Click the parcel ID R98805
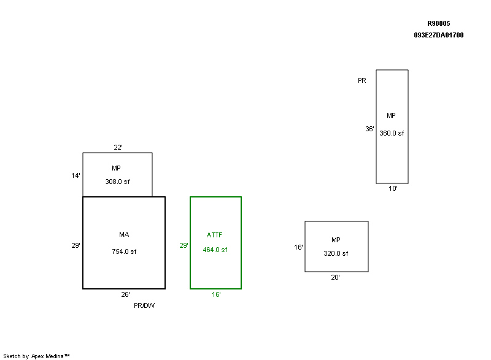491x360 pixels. (438, 23)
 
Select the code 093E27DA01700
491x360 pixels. (438, 35)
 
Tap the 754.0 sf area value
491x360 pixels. (124, 251)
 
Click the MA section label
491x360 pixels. (124, 234)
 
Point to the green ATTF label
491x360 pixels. (215, 235)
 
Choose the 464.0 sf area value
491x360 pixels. (215, 250)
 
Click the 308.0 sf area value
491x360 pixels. (117, 182)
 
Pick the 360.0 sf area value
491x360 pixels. (392, 133)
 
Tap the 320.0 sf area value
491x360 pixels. (336, 253)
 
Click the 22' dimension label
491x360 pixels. (118, 147)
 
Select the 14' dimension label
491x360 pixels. (75, 175)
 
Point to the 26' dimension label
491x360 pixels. (125, 294)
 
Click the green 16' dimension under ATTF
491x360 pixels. (216, 294)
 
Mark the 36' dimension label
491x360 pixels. (369, 129)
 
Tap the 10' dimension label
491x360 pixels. (393, 189)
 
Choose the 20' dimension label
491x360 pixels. (336, 277)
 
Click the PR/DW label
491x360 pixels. (144, 305)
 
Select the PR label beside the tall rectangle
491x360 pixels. (362, 80)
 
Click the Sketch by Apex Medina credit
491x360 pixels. (36, 356)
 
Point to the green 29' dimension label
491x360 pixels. (184, 245)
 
